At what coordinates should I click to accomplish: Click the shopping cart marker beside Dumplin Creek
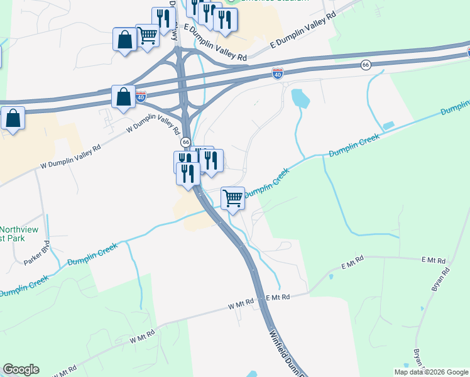233,199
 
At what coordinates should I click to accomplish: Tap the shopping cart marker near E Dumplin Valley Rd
147,35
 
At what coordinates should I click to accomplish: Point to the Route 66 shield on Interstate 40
366,65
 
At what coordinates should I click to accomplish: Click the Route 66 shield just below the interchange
186,143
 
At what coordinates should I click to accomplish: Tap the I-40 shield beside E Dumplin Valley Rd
277,74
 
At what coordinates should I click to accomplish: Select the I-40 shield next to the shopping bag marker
141,97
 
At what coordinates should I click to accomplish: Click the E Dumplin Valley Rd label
300,36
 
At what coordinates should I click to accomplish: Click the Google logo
21,369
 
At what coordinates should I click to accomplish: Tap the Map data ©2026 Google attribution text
431,372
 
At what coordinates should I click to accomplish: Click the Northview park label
19,234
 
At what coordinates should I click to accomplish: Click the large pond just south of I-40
300,97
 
